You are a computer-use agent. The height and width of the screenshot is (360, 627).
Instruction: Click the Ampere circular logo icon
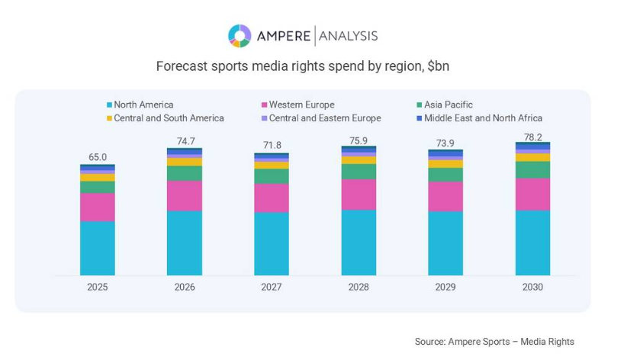point(240,36)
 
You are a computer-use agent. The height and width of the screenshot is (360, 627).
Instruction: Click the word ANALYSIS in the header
point(348,36)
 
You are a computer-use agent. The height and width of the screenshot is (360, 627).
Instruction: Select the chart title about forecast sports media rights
point(302,66)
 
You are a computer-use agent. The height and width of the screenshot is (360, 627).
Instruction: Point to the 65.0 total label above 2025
point(98,157)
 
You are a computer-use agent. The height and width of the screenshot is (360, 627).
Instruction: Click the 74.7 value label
point(185,141)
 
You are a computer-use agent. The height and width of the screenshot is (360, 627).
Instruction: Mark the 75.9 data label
point(359,140)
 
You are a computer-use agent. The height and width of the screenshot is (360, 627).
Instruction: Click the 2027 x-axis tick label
point(272,288)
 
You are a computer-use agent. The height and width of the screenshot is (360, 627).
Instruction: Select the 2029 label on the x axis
point(445,288)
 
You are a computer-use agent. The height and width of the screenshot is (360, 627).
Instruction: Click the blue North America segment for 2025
point(98,248)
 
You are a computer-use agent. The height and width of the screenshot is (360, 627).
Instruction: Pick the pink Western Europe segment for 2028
point(359,194)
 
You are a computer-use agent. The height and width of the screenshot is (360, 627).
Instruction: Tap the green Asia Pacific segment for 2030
point(532,169)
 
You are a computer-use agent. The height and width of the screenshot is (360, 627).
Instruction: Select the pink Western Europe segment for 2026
point(185,195)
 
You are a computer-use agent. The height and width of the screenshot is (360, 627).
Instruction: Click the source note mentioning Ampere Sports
point(494,342)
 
